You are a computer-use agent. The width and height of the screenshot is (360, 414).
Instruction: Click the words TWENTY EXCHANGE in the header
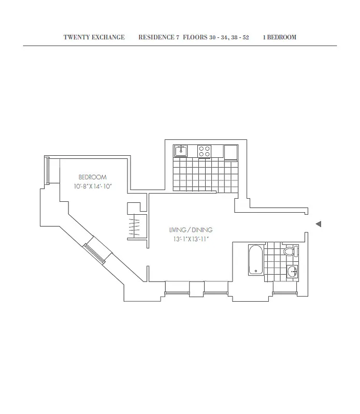[94, 37]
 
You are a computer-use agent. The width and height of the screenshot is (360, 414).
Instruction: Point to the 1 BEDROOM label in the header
[280, 37]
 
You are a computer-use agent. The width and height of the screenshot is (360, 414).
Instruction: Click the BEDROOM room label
[92, 177]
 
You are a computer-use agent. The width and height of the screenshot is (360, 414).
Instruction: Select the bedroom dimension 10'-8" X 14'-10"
[92, 186]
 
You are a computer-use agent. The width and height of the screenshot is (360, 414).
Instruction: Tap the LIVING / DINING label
[191, 230]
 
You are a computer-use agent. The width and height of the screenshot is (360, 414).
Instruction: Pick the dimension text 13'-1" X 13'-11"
[191, 239]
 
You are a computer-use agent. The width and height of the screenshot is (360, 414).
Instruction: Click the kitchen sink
[180, 151]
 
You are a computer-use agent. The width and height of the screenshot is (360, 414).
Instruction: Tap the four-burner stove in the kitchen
[205, 151]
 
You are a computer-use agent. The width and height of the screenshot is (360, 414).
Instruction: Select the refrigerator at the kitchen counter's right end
[231, 151]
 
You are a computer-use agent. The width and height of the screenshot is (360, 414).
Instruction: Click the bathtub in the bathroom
[255, 261]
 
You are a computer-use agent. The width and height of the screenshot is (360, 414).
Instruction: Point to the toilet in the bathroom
[291, 252]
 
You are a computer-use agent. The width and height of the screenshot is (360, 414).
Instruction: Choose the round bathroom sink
[292, 272]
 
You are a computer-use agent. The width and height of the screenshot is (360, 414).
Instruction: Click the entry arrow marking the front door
[319, 224]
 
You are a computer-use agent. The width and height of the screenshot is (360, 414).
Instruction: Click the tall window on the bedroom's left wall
[47, 171]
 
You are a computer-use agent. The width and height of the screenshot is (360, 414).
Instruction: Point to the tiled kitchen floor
[205, 176]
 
